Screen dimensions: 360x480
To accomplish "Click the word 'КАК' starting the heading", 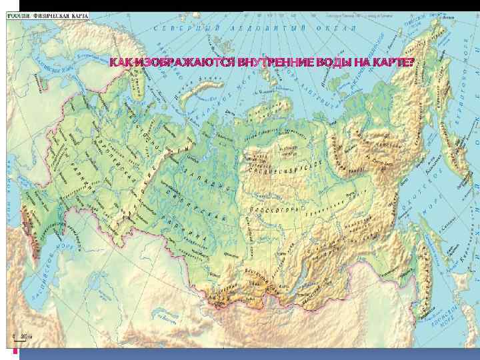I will pos(122,63).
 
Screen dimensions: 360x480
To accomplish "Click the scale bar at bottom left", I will pos(19,338).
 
